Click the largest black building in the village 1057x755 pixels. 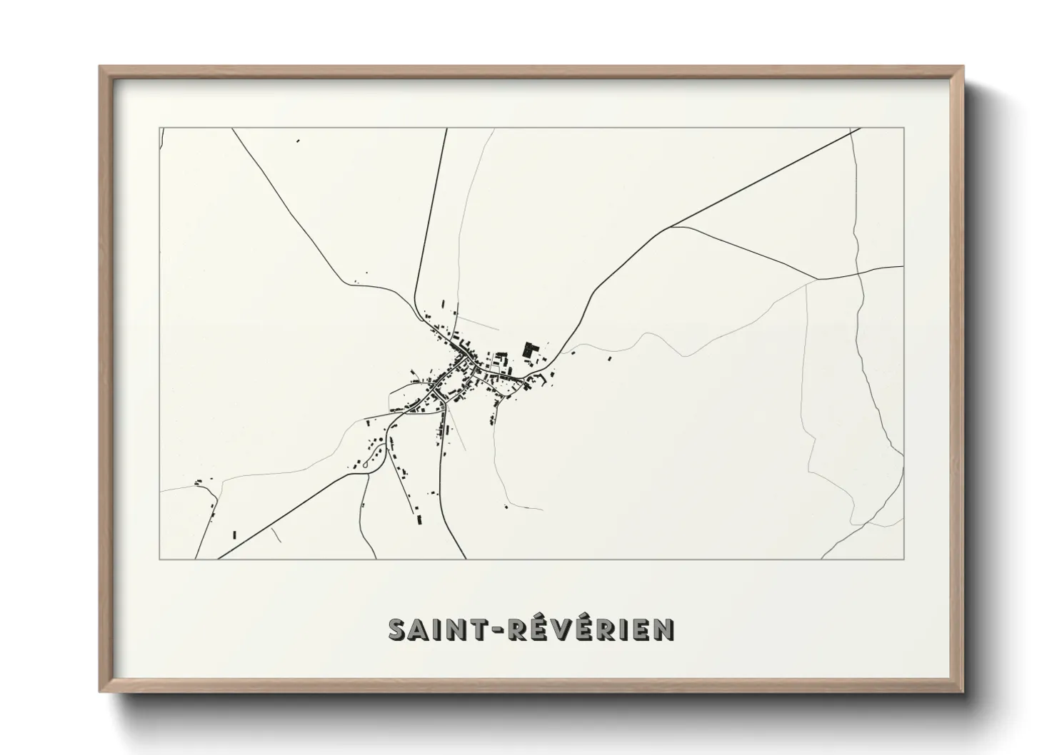(530, 350)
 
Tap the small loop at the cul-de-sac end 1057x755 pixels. (366, 465)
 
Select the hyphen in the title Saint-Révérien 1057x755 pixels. (501, 630)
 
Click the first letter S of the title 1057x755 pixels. (397, 630)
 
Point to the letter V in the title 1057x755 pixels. (558, 630)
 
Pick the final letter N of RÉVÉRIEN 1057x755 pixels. (663, 630)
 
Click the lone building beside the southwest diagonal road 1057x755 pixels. (234, 534)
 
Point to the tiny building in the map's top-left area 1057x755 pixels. (298, 141)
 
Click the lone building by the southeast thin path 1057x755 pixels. (506, 507)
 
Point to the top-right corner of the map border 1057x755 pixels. (903, 128)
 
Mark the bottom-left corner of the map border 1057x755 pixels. (159, 559)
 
